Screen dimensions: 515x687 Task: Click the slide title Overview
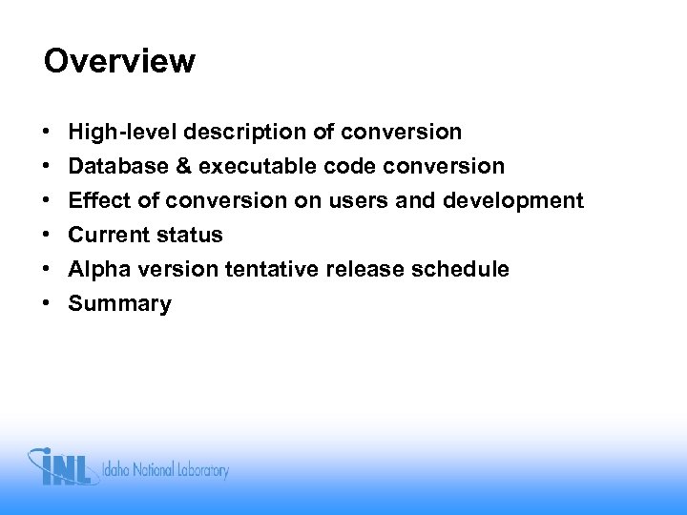click(119, 62)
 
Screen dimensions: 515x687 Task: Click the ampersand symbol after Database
click(181, 166)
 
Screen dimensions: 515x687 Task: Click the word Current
click(108, 235)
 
